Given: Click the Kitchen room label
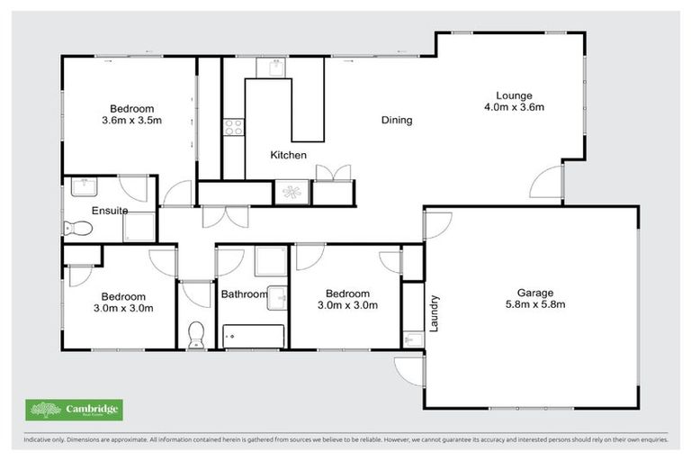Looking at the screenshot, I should tap(289, 155).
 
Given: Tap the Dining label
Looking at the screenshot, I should tap(396, 120).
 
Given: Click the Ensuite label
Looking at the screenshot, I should tap(109, 211).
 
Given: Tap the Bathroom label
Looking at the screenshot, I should tap(244, 294).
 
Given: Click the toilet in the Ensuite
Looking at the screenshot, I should tap(76, 229).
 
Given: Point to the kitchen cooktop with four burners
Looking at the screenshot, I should tap(233, 127).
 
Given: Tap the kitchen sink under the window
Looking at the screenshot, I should tap(270, 68).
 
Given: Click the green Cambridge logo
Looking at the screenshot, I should tap(74, 410).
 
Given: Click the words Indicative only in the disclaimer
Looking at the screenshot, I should tap(45, 441).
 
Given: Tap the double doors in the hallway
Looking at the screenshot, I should tap(221, 217).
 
